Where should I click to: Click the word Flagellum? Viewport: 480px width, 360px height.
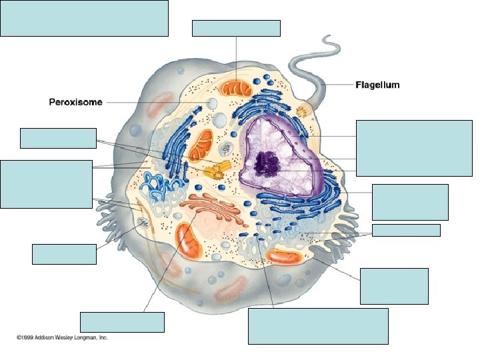coord(377,85)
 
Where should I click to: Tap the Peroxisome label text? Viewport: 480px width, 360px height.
coord(75,102)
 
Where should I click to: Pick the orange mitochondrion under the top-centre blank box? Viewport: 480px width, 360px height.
coord(235,88)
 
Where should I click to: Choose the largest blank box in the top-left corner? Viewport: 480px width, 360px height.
coord(84,18)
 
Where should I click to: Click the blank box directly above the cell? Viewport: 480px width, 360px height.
coord(236,28)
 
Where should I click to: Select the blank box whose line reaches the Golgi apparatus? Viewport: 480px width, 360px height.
coord(121,321)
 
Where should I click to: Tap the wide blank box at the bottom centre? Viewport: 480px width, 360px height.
coord(318,325)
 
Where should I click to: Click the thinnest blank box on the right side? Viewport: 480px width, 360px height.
coord(406,230)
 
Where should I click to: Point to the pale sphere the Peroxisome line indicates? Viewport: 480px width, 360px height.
coord(211,103)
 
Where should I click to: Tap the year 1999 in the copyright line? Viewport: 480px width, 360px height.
coord(28,338)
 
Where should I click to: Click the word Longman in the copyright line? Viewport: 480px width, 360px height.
coord(81,338)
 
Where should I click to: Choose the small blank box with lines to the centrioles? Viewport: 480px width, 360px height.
coord(58,138)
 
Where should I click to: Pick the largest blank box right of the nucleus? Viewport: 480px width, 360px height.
coord(414,147)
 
